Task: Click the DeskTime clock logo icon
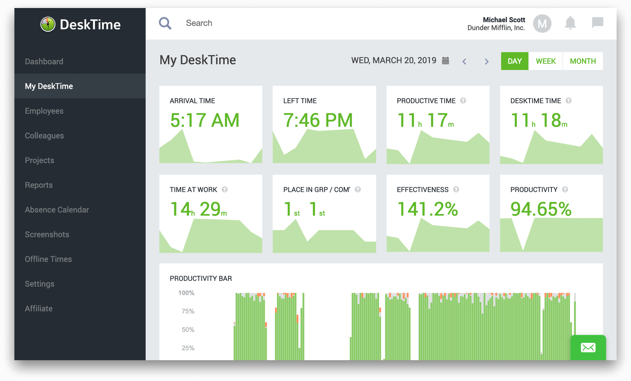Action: [x=48, y=24]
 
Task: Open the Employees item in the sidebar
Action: [x=44, y=111]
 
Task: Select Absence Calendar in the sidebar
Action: [x=57, y=210]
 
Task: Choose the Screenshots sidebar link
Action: [x=47, y=234]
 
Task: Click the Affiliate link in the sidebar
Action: [x=39, y=308]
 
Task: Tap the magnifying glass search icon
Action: [x=165, y=23]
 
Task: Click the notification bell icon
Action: [x=570, y=23]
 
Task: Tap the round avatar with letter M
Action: [x=542, y=23]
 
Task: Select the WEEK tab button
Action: [x=545, y=61]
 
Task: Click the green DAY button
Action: [x=514, y=61]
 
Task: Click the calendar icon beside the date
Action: [x=445, y=61]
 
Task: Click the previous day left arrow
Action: [x=464, y=61]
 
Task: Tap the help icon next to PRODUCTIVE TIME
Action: [x=463, y=101]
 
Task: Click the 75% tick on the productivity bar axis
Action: [x=188, y=311]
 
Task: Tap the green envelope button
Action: [x=588, y=347]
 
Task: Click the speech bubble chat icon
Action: [x=597, y=22]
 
